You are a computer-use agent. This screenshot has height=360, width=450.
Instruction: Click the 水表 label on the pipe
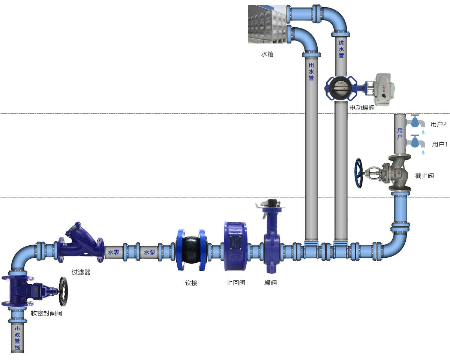pyautogui.click(x=114, y=252)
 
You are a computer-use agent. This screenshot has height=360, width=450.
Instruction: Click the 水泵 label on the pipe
pyautogui.click(x=149, y=252)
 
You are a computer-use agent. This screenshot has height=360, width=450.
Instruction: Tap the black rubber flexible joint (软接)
pyautogui.click(x=191, y=250)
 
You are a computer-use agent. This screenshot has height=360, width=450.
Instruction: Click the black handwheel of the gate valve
pyautogui.click(x=63, y=291)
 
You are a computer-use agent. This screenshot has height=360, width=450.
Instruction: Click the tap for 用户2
pyautogui.click(x=415, y=122)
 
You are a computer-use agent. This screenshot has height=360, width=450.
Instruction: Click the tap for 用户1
pyautogui.click(x=415, y=142)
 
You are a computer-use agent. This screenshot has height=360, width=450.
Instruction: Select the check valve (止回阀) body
pyautogui.click(x=235, y=246)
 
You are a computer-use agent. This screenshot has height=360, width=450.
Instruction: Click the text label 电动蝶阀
pyautogui.click(x=362, y=108)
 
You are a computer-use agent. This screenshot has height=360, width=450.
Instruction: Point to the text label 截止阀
pyautogui.click(x=424, y=175)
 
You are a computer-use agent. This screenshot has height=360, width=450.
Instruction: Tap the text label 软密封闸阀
pyautogui.click(x=46, y=313)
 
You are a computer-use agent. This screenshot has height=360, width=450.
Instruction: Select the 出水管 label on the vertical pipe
pyautogui.click(x=311, y=72)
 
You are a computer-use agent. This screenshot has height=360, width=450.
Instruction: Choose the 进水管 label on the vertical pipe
pyautogui.click(x=341, y=49)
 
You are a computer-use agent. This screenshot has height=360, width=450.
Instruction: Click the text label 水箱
pyautogui.click(x=267, y=54)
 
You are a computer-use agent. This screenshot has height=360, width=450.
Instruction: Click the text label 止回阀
pyautogui.click(x=235, y=282)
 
